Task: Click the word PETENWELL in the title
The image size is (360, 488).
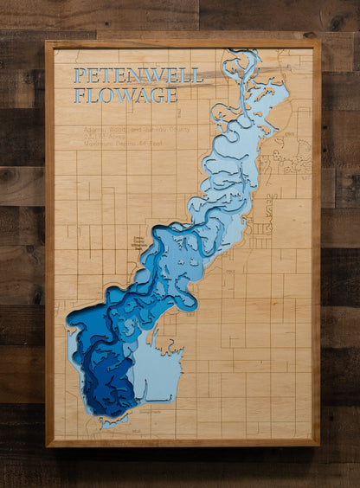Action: click(x=138, y=76)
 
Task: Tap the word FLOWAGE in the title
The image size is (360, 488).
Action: click(x=125, y=95)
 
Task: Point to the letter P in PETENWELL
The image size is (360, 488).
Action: click(x=80, y=76)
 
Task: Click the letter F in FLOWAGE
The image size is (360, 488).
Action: click(x=80, y=95)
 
